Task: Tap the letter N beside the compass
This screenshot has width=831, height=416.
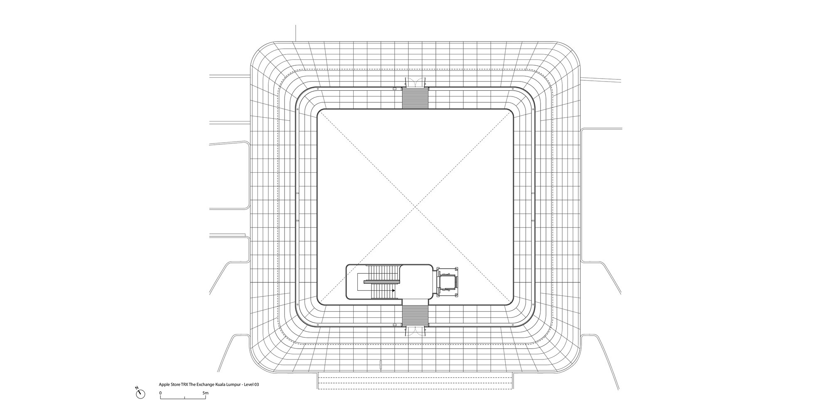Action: coord(137,388)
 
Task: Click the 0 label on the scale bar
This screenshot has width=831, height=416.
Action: coord(160,393)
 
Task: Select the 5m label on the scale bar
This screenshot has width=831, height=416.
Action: coord(205,393)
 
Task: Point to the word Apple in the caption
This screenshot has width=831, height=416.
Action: coord(164,385)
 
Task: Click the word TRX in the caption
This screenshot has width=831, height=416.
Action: coord(184,385)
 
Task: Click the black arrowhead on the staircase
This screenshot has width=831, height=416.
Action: coord(393,290)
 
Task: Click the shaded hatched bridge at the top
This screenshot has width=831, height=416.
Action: coord(415,98)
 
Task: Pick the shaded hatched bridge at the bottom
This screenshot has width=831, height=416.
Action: coord(415,314)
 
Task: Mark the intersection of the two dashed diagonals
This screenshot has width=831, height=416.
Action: coord(415,207)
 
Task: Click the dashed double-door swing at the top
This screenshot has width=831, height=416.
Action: coord(415,82)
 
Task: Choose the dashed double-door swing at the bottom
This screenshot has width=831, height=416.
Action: coord(415,331)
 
